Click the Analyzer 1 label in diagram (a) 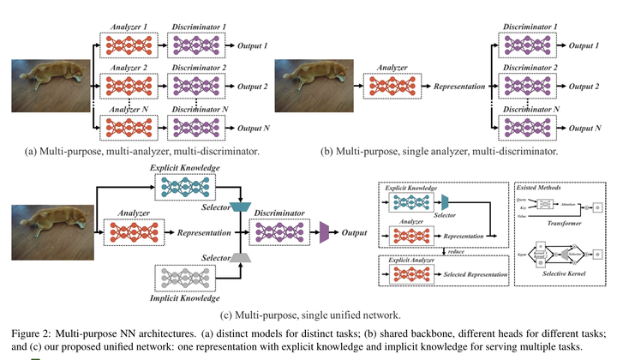(x=125, y=27)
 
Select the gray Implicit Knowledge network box (x=184, y=283)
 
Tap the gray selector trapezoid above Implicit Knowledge (x=241, y=258)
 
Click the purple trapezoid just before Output (x=325, y=231)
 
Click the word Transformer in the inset (x=566, y=222)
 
